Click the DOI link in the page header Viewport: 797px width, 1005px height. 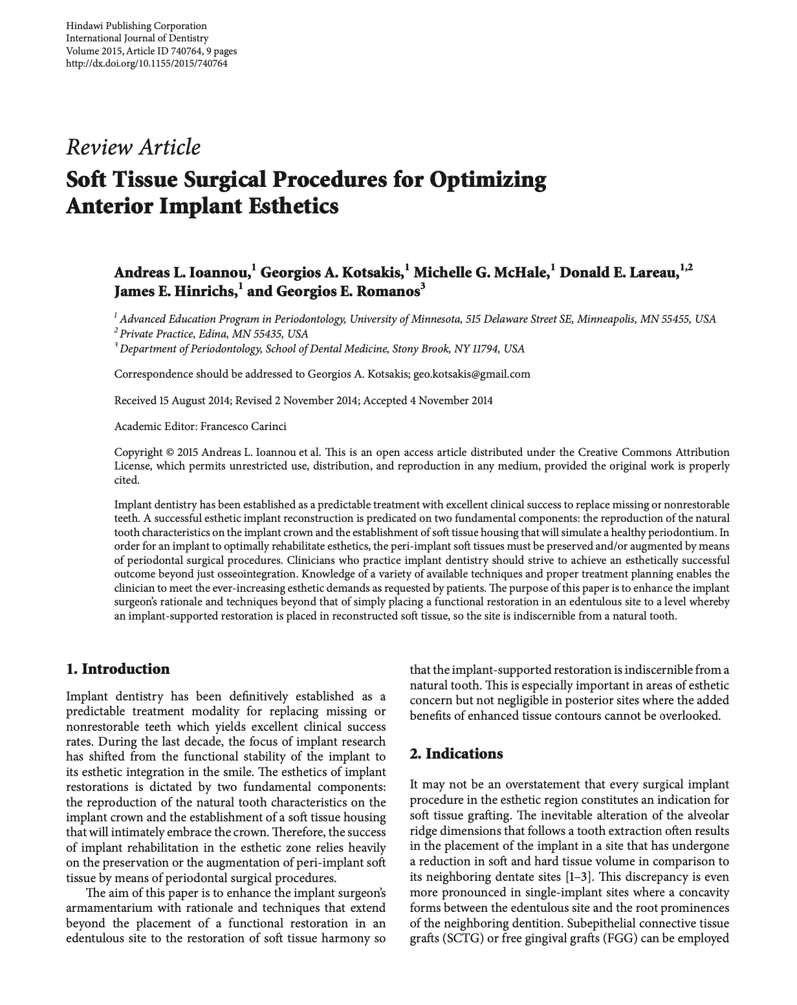pyautogui.click(x=147, y=63)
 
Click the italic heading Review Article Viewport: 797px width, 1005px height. pyautogui.click(x=133, y=147)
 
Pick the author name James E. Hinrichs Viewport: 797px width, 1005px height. pyautogui.click(x=175, y=291)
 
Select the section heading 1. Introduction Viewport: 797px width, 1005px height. pyautogui.click(x=118, y=669)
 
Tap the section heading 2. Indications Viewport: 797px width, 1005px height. pyautogui.click(x=456, y=753)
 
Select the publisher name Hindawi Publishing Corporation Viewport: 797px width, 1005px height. pyautogui.click(x=136, y=26)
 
